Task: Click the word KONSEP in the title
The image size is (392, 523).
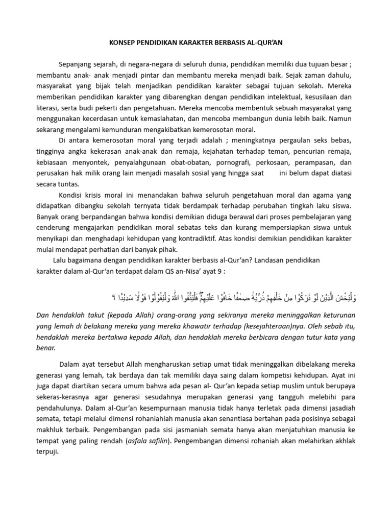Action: click(x=124, y=43)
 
